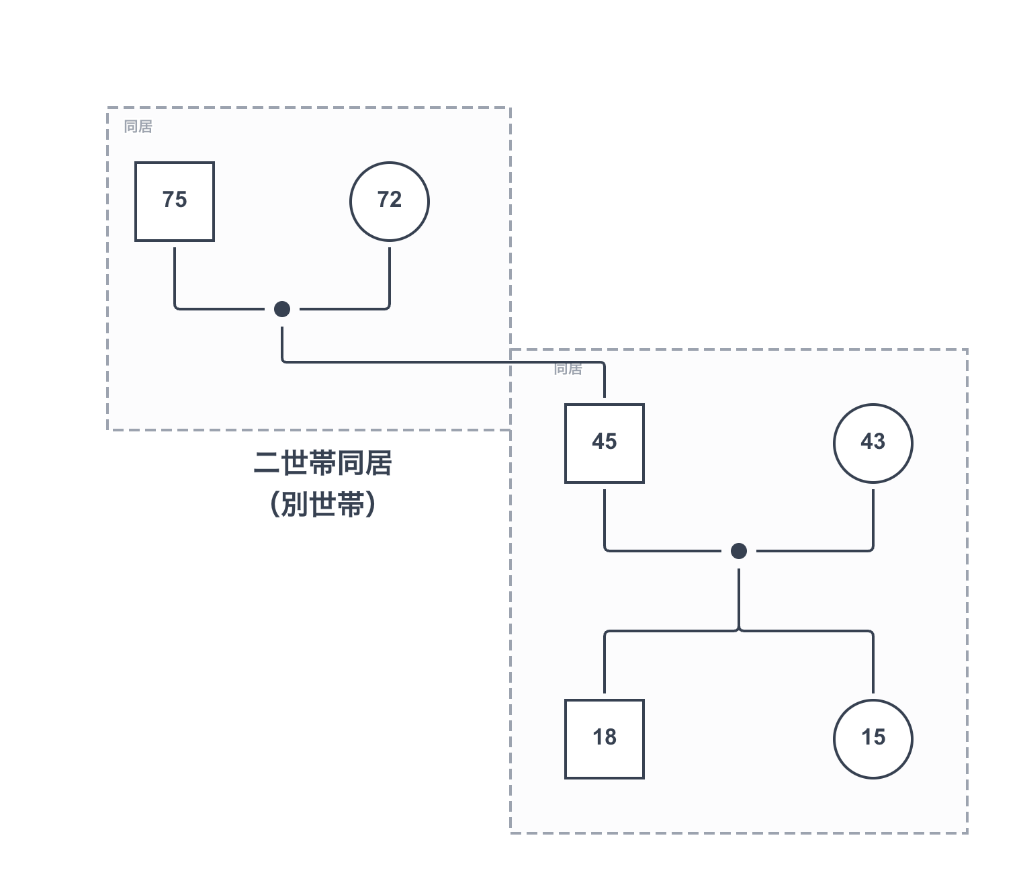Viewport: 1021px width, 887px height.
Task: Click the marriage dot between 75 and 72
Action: [x=282, y=309]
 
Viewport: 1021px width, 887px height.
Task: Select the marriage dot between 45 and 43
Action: [x=739, y=551]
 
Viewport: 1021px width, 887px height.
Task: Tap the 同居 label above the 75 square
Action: [x=138, y=126]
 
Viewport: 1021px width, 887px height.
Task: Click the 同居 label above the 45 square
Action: [x=568, y=369]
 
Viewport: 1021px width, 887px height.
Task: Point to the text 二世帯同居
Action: [x=322, y=464]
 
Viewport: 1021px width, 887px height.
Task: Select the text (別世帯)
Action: [x=322, y=504]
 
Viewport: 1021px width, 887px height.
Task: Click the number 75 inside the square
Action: [x=175, y=200]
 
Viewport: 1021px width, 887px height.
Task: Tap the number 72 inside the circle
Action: [x=390, y=200]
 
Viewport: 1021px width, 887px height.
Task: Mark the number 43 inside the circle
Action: [x=873, y=441]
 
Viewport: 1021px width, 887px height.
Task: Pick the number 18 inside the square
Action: [x=605, y=737]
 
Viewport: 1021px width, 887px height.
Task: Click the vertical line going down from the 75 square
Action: [x=175, y=276]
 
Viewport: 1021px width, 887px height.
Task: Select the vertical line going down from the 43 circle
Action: [x=873, y=517]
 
